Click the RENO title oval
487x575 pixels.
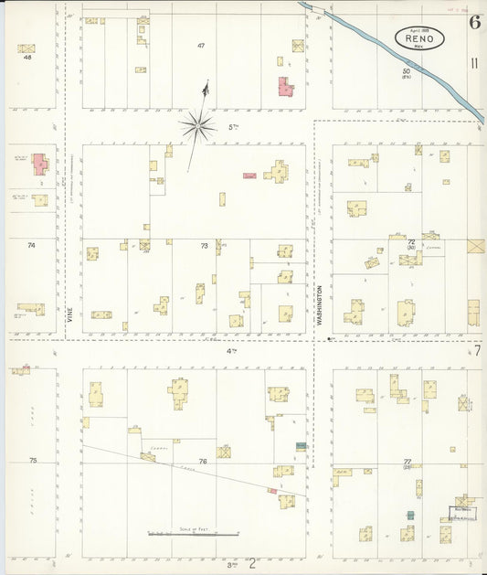click(x=419, y=37)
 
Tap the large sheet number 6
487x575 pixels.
click(x=474, y=23)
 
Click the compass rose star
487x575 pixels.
click(x=196, y=125)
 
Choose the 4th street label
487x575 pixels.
click(x=232, y=350)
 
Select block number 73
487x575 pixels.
click(x=204, y=245)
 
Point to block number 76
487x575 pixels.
click(x=202, y=462)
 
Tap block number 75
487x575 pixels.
click(x=32, y=461)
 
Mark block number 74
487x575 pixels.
click(x=31, y=245)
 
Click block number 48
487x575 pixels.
click(x=27, y=58)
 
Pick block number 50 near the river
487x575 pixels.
click(x=406, y=71)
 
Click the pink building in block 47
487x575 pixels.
click(x=285, y=87)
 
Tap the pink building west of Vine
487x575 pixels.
click(x=40, y=165)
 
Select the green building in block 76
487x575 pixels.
click(x=300, y=446)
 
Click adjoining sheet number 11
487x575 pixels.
click(x=473, y=63)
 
